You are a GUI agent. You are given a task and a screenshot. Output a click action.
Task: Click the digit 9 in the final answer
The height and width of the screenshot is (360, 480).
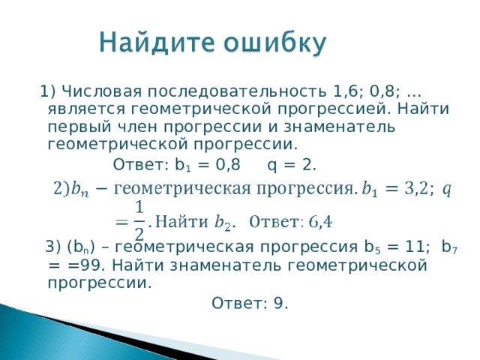(279, 303)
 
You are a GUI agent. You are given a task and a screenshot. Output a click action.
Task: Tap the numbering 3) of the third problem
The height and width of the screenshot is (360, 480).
(54, 248)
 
